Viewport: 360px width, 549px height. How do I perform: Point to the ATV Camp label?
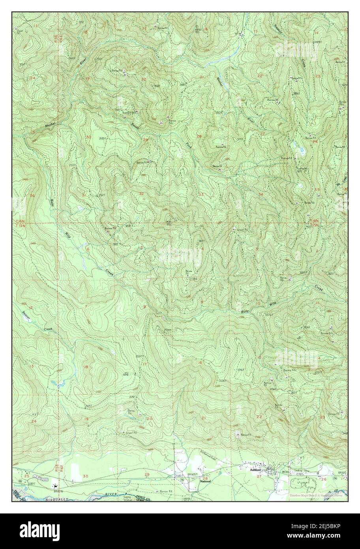[x=126, y=373]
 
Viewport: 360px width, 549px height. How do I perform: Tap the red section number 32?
[x=141, y=193]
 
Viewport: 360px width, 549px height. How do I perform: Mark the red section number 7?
[x=86, y=306]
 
